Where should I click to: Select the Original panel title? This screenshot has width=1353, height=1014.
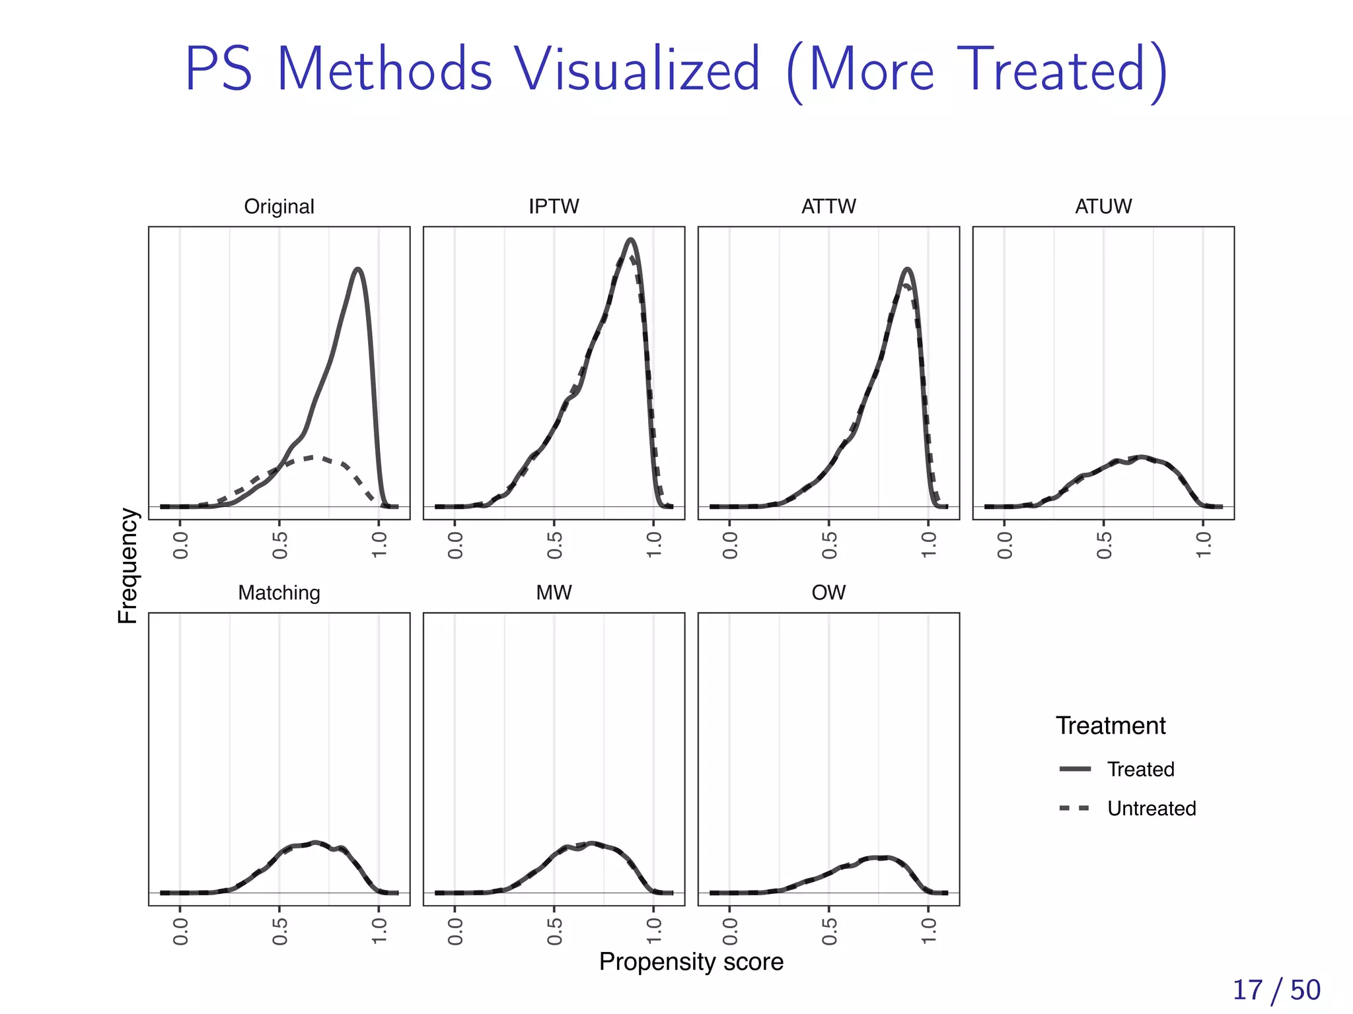pyautogui.click(x=279, y=207)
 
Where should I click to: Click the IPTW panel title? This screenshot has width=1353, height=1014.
pyautogui.click(x=554, y=207)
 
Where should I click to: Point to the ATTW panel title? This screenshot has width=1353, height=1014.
pyautogui.click(x=828, y=207)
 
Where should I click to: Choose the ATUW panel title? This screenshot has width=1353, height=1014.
pyautogui.click(x=1103, y=207)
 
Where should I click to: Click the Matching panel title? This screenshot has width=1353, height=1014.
pyautogui.click(x=279, y=593)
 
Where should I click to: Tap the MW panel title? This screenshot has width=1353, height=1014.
pyautogui.click(x=554, y=593)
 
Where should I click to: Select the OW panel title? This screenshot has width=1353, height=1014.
pyautogui.click(x=828, y=593)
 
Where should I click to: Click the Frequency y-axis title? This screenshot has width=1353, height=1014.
pyautogui.click(x=128, y=566)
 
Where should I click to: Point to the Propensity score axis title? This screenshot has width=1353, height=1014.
pyautogui.click(x=691, y=962)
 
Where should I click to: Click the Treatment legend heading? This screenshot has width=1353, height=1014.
pyautogui.click(x=1110, y=726)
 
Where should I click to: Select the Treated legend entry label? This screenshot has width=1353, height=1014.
pyautogui.click(x=1140, y=769)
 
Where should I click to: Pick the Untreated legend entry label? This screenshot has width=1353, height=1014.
pyautogui.click(x=1152, y=808)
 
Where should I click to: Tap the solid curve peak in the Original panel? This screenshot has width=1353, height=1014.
pyautogui.click(x=358, y=269)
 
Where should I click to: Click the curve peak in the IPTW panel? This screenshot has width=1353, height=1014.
pyautogui.click(x=631, y=240)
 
